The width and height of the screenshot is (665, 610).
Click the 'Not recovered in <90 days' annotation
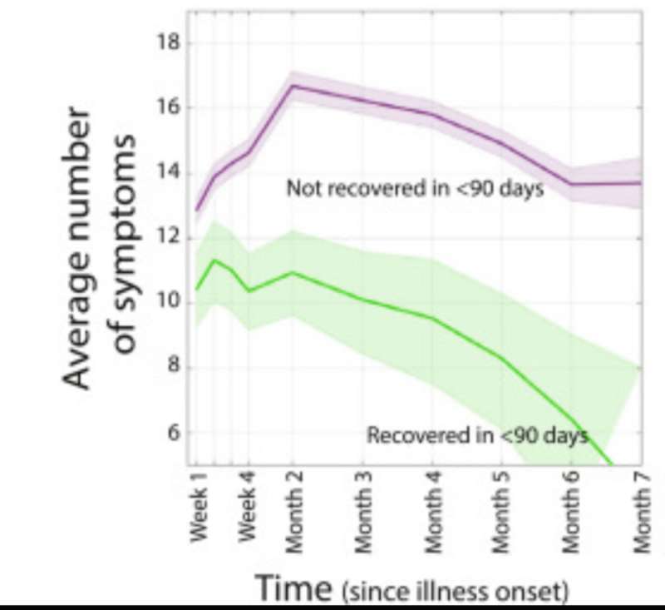pos(415,189)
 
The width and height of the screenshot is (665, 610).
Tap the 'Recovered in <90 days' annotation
pos(478,434)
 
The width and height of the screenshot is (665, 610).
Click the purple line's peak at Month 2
pos(293,86)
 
